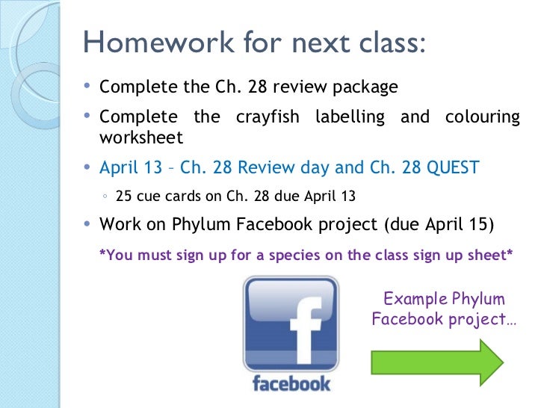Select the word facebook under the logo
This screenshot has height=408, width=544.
291,383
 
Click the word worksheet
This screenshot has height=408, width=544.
140,138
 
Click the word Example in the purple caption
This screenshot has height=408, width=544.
412,300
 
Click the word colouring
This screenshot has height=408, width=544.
482,117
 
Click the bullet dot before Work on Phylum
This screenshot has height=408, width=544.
89,224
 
